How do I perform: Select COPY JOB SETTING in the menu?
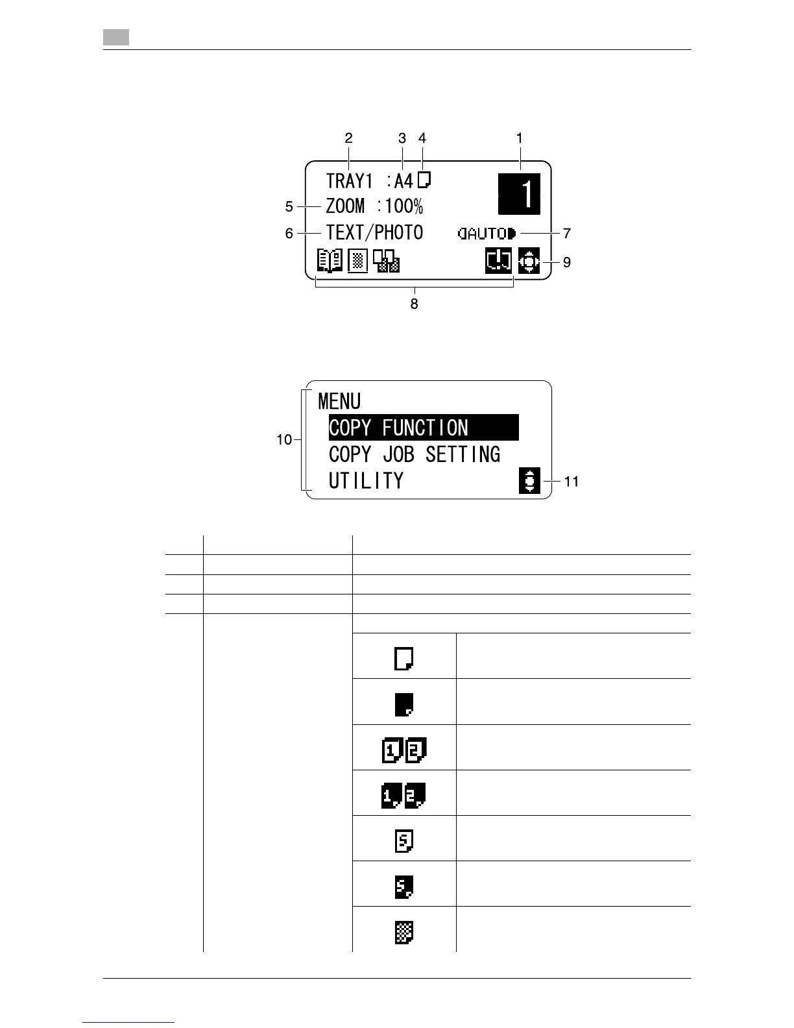[x=415, y=454]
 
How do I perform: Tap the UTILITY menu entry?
[x=366, y=481]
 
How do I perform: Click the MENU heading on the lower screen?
[x=339, y=402]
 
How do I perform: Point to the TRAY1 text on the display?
[x=348, y=180]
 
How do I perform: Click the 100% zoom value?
[x=403, y=206]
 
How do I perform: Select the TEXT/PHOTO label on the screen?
[x=374, y=232]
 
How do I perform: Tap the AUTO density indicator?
[x=487, y=233]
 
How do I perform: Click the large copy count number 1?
[x=519, y=193]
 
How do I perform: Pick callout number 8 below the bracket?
[x=414, y=303]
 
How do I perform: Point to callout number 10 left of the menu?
[x=284, y=439]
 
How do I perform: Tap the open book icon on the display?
[x=329, y=261]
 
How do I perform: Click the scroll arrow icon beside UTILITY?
[x=530, y=481]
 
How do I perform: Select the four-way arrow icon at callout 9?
[x=529, y=262]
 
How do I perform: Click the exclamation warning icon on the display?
[x=498, y=262]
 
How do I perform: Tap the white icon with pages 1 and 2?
[x=404, y=751]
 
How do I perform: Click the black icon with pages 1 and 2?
[x=403, y=796]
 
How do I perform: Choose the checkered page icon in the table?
[x=404, y=933]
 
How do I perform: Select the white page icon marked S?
[x=404, y=842]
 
